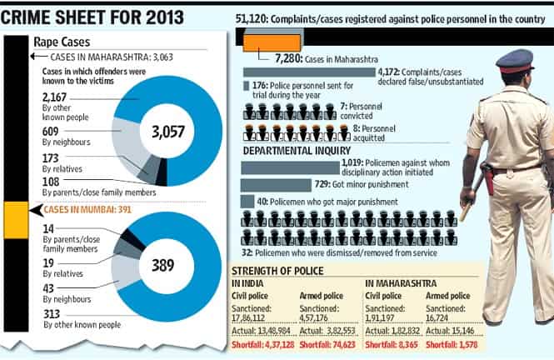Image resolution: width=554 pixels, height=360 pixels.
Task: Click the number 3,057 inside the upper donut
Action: pos(168,132)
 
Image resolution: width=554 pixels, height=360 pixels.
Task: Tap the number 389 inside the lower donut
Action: pos(163,265)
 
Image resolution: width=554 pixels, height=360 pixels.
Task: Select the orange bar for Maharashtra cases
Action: pos(272,42)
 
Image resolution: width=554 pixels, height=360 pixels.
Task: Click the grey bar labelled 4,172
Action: pos(309,72)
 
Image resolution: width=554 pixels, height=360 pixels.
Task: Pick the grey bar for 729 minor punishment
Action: pos(276,185)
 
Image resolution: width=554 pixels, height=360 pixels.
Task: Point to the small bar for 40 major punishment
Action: pos(247,202)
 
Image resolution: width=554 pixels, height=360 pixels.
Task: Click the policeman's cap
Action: pos(515,61)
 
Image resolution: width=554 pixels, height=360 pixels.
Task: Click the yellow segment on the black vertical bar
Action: pos(17,220)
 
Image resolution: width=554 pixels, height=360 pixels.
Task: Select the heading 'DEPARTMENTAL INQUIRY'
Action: pos(297,151)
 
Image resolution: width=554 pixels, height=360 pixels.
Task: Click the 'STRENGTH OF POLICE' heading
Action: pos(277,271)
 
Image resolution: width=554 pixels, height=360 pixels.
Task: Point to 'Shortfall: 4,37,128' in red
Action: pos(263,345)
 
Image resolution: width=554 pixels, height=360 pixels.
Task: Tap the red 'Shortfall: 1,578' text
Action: pos(452,345)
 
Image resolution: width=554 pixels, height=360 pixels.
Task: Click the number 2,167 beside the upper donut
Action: pos(54,97)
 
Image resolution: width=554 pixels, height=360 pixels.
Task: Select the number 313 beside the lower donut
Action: pos(52,313)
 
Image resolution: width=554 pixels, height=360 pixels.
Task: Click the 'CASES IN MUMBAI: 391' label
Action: pos(87,209)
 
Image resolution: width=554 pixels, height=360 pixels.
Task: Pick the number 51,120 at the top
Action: pos(252,19)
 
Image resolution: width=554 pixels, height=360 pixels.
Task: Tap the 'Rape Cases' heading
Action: pos(62,42)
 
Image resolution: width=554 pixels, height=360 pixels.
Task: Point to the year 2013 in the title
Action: pos(165,17)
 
